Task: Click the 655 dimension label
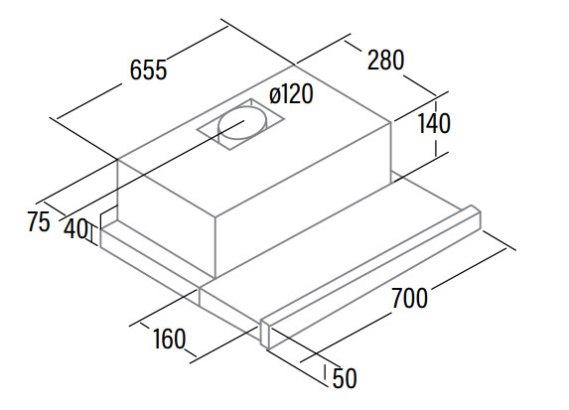point(148,69)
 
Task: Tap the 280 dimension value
point(385,60)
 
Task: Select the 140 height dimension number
point(434,123)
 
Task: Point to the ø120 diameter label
point(291,94)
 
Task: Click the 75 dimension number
point(39,221)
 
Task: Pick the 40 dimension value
point(75,229)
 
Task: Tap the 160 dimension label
point(170,339)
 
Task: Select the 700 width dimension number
point(409,298)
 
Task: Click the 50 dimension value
point(345,378)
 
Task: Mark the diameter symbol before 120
point(275,96)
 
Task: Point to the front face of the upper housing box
point(167,217)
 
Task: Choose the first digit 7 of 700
point(397,298)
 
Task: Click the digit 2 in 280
point(373,60)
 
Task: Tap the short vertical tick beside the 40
point(92,235)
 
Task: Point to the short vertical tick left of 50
point(326,372)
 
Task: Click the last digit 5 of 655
point(161,69)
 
